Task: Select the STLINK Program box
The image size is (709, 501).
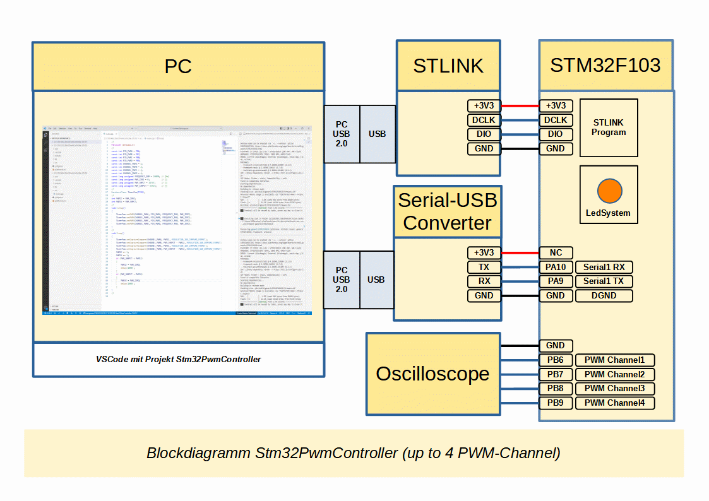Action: [609, 127]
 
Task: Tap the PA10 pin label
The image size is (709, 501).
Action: [556, 267]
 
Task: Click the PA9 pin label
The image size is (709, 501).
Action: [556, 281]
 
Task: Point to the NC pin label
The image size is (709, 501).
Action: [556, 252]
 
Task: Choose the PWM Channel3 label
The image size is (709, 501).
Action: [614, 389]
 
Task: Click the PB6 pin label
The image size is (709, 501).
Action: [556, 360]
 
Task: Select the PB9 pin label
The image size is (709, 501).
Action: [556, 403]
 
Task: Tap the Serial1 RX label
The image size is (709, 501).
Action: [604, 267]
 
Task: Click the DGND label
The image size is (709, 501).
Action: [604, 295]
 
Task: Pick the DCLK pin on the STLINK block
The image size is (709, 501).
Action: [484, 120]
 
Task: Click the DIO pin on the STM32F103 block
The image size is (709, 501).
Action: [556, 134]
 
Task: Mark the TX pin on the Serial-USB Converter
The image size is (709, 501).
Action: [484, 267]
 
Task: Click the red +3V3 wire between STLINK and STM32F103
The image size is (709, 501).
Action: [520, 106]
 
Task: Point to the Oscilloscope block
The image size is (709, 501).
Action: [432, 374]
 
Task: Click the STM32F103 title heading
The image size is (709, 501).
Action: [605, 66]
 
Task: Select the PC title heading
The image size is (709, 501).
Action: [178, 67]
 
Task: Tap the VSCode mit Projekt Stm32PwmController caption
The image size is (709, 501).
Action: [178, 359]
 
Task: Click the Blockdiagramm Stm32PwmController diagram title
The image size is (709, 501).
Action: [353, 453]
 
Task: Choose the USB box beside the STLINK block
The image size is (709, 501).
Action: [378, 134]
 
